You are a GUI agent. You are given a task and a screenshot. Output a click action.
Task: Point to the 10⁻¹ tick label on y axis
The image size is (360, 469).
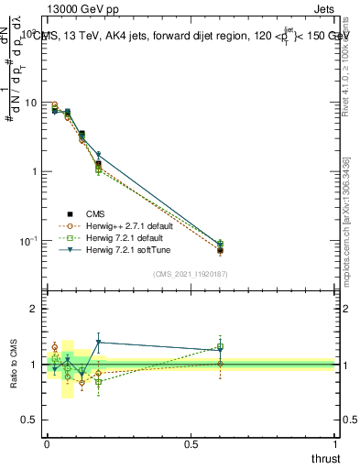[x=28, y=240]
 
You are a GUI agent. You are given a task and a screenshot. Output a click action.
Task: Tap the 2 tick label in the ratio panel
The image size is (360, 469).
[x=35, y=309]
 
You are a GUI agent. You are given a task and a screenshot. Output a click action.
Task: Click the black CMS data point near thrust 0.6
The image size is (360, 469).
[x=220, y=250]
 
